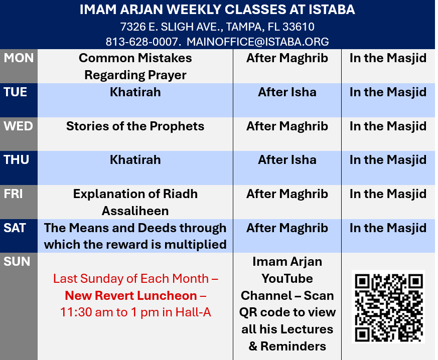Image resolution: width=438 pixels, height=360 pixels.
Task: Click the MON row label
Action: [19, 58]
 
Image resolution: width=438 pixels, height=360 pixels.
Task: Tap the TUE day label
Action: [16, 92]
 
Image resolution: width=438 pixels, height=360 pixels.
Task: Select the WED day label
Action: [18, 126]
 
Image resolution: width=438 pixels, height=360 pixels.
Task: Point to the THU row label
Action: [16, 160]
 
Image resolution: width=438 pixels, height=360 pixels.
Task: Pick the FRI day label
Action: [13, 194]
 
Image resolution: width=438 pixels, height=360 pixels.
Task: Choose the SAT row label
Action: [15, 228]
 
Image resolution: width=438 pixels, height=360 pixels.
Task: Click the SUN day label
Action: [17, 262]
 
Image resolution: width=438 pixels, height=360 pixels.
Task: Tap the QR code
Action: [388, 306]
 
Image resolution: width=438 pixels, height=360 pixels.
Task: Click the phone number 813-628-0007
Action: [141, 42]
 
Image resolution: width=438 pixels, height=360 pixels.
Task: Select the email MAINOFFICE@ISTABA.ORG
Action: [257, 42]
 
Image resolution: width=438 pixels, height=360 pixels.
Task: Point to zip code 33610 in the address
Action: [299, 27]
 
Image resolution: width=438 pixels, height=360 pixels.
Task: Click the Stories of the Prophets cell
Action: [135, 126]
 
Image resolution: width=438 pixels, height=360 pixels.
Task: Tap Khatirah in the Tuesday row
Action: [135, 92]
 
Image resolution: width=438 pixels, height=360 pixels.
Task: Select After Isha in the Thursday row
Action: [287, 160]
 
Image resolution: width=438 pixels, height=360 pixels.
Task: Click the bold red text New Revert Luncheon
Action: [131, 295]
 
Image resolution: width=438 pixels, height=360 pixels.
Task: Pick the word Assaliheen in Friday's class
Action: [135, 211]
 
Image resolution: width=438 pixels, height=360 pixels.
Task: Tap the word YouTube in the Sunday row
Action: [287, 278]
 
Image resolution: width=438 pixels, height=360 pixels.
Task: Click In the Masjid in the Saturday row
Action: [388, 228]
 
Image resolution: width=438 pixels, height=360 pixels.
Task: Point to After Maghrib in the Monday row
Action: [287, 58]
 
